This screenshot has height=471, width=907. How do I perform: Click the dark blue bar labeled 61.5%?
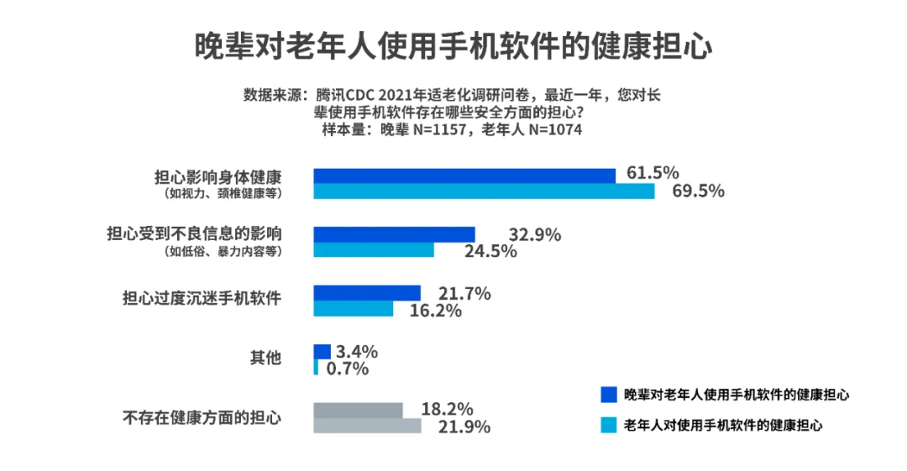click(464, 175)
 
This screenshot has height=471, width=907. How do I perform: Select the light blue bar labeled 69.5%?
click(484, 191)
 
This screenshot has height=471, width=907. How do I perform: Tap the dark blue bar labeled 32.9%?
click(394, 234)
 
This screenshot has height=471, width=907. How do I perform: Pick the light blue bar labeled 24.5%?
click(374, 250)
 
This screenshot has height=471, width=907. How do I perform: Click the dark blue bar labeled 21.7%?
click(367, 293)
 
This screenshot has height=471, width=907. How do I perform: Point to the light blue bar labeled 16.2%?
click(354, 309)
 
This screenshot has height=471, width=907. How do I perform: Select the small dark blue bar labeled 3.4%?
click(322, 352)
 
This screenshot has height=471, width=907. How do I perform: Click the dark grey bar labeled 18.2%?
click(358, 411)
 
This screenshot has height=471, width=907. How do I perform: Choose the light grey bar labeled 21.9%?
click(367, 427)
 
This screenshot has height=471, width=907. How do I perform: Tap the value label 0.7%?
click(346, 368)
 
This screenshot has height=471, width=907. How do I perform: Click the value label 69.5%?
click(698, 191)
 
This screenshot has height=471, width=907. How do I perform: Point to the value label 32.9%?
click(535, 235)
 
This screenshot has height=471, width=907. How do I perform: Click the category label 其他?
click(265, 358)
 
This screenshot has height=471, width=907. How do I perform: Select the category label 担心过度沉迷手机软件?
click(202, 298)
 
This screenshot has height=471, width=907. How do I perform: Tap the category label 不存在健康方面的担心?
click(202, 417)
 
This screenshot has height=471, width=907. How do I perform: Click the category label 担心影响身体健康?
click(218, 178)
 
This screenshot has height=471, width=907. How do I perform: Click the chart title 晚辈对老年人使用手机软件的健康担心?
click(453, 46)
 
